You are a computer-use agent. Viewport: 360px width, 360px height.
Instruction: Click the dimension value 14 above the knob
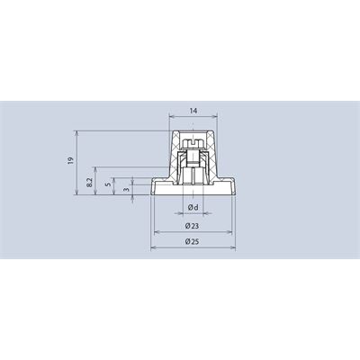[x=193, y=111]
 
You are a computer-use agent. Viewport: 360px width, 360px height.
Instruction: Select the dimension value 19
[x=70, y=160]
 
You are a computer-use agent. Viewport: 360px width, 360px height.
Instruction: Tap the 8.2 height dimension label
[x=89, y=183]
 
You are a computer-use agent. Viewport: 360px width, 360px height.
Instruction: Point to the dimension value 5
[x=110, y=184]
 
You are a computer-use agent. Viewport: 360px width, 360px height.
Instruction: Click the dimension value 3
[x=127, y=190]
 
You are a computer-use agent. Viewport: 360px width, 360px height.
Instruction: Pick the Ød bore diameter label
[x=193, y=207]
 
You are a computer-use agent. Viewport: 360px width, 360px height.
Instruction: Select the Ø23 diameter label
[x=192, y=226]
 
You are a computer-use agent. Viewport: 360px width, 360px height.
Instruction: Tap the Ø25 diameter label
[x=192, y=241]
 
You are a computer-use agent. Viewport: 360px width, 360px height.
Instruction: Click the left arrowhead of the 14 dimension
[x=171, y=116]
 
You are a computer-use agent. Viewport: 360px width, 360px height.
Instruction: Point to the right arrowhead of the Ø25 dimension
[x=233, y=247]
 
